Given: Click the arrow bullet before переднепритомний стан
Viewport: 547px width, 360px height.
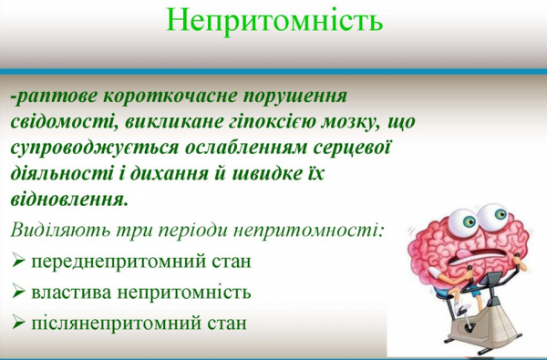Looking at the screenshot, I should coord(19,262).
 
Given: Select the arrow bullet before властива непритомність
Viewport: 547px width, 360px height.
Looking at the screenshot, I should coord(19,293).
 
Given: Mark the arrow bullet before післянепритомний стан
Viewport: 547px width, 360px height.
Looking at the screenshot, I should coord(19,324).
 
